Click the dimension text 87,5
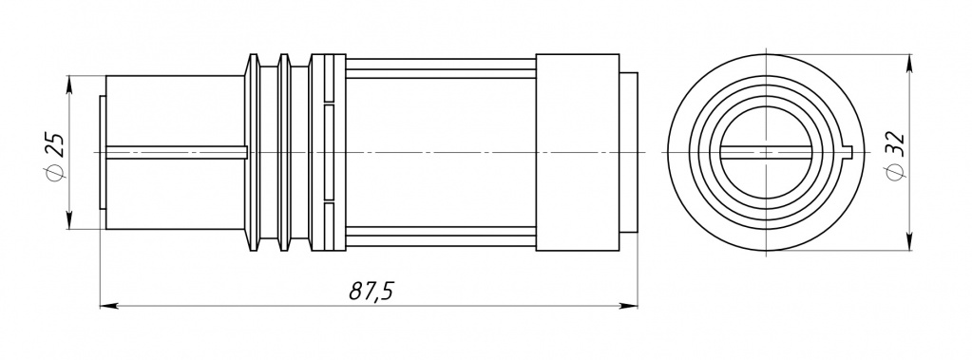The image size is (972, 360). [x=372, y=290]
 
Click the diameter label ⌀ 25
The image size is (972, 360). [x=55, y=155]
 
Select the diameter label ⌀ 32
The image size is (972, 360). [x=894, y=156]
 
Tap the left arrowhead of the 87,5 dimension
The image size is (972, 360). [x=109, y=306]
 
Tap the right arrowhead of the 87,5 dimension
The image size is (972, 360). [x=629, y=306]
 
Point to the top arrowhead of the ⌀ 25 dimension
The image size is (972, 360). [x=68, y=85]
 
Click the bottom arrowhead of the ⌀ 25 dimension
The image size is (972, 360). [x=68, y=220]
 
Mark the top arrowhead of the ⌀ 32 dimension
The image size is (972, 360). [x=909, y=64]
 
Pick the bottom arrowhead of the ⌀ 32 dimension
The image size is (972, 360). [x=909, y=241]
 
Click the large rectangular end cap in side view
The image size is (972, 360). [x=577, y=152]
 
